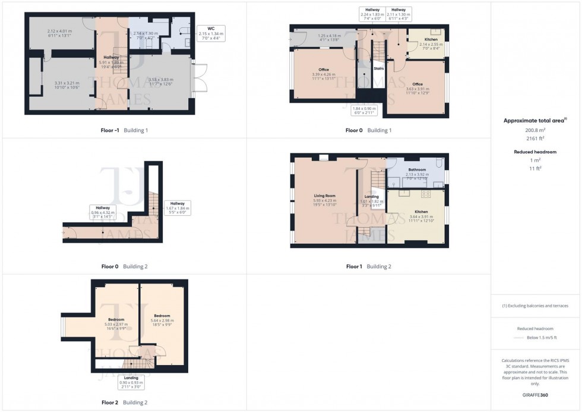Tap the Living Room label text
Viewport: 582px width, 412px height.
coord(325,196)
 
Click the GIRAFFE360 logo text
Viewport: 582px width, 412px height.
coord(535,395)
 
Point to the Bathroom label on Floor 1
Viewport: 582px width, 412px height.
coord(417,170)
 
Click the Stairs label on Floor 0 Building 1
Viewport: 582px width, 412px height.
coord(379,68)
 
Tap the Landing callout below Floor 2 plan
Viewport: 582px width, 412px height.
coord(131,381)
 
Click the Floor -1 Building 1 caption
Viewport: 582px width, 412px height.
coord(125,130)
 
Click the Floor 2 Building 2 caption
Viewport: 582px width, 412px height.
coord(124,402)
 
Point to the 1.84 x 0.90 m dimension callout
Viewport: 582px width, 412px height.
coord(364,111)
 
